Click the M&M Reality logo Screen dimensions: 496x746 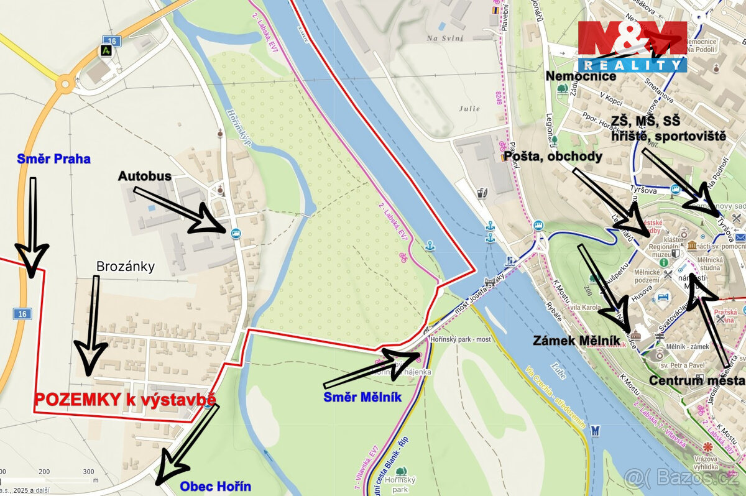[x=632, y=47]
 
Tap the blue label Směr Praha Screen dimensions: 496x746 [x=53, y=159]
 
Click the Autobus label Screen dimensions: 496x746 [x=144, y=177]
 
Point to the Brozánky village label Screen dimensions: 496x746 [x=125, y=267]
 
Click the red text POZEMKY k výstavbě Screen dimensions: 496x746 [x=125, y=400]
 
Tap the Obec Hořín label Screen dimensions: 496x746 [x=215, y=485]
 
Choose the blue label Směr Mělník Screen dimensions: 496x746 [x=362, y=397]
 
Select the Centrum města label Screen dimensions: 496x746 [x=696, y=380]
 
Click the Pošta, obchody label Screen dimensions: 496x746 [x=552, y=157]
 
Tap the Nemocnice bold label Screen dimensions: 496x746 [x=581, y=76]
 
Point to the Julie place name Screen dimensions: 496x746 [x=470, y=108]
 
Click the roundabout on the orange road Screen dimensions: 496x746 [x=65, y=83]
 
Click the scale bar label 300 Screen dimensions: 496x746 [x=89, y=472]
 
